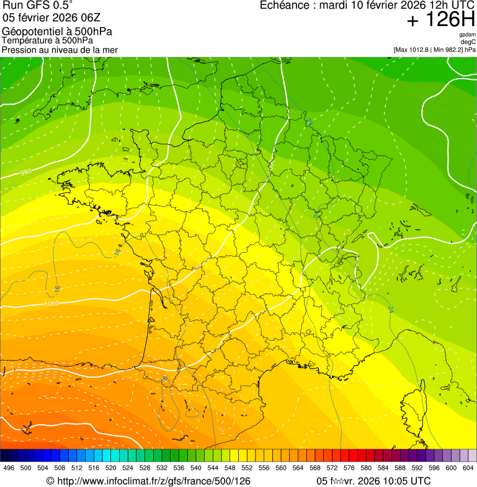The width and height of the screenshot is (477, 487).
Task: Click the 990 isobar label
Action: [x=25, y=172]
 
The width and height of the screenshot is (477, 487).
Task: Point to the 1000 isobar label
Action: [x=53, y=304]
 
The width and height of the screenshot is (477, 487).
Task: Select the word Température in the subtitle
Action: [x=26, y=40]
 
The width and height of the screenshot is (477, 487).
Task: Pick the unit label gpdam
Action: [x=467, y=35]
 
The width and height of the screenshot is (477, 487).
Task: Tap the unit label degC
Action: [x=468, y=42]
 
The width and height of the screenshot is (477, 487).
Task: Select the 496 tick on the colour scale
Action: [x=9, y=468]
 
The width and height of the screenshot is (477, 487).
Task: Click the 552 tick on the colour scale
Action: [x=247, y=468]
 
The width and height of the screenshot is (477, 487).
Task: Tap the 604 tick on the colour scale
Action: [x=468, y=468]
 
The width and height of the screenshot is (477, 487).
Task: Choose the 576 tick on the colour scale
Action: [x=349, y=468]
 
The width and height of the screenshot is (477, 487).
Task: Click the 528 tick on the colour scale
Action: [x=145, y=468]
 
